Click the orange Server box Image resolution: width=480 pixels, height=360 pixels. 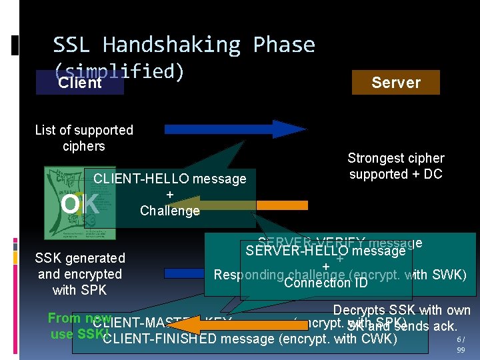[396, 83]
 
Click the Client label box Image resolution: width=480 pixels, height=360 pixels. [80, 83]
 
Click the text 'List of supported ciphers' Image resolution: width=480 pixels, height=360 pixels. [84, 138]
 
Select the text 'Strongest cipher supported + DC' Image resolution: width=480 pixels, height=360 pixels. [395, 166]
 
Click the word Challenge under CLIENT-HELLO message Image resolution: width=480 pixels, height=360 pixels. [169, 211]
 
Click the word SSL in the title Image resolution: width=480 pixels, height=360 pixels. [75, 45]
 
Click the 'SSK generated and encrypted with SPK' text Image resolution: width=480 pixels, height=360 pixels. [80, 274]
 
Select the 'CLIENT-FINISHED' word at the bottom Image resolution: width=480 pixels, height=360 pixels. [160, 339]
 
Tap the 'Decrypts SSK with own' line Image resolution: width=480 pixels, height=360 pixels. [401, 310]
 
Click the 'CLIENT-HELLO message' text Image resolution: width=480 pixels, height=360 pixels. [169, 179]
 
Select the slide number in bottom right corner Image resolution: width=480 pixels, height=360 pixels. [461, 345]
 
